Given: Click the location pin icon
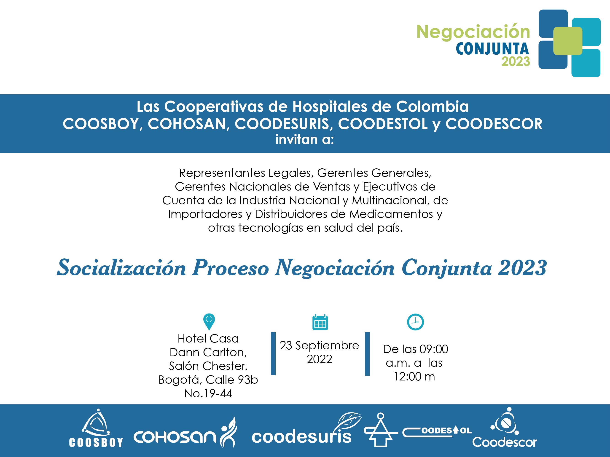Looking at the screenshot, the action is pyautogui.click(x=209, y=322).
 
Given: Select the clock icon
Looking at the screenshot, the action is pyautogui.click(x=415, y=322).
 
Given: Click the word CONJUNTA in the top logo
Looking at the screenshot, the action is pyautogui.click(x=492, y=49).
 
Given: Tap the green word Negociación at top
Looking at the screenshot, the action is pyautogui.click(x=473, y=32).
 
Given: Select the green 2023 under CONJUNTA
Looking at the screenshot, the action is pyautogui.click(x=515, y=61).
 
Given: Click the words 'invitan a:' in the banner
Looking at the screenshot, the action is pyautogui.click(x=304, y=139).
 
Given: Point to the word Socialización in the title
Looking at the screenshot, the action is pyautogui.click(x=121, y=268).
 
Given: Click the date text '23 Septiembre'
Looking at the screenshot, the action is pyautogui.click(x=319, y=345).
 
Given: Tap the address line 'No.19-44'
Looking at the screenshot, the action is pyautogui.click(x=208, y=393).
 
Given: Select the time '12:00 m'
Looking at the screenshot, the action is pyautogui.click(x=414, y=376).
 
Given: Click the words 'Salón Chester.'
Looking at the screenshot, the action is pyautogui.click(x=208, y=366).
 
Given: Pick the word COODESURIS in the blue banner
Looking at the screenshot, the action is pyautogui.click(x=282, y=124).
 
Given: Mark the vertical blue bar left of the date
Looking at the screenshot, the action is pyautogui.click(x=273, y=353).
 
